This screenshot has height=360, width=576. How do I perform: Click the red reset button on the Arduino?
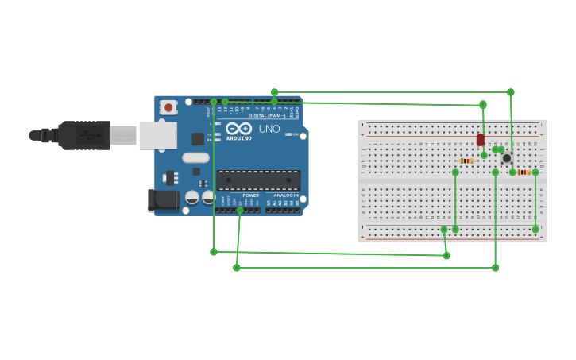pos(168,107)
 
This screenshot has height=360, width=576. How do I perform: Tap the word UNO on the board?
pos(269,129)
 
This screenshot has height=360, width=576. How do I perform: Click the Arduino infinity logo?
pos(238,128)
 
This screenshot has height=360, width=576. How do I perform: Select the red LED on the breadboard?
pos(480,139)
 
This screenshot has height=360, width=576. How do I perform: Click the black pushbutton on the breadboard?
pos(506,158)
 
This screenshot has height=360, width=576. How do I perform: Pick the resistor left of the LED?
pos(467,161)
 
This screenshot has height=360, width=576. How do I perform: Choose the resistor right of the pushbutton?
pos(524,172)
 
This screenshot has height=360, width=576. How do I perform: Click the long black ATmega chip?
pos(259,180)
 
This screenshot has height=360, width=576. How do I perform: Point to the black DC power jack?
pos(164,199)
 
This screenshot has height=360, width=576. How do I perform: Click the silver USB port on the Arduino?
pos(157,135)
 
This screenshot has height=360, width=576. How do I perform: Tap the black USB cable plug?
pos(84,135)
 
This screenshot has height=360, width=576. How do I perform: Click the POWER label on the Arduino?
pos(251,195)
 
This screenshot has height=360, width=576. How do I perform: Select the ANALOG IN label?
pos(285,195)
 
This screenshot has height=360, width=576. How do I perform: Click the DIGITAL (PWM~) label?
pos(269,116)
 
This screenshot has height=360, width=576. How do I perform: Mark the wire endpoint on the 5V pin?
pos(240,210)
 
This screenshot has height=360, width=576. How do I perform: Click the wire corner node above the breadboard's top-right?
pos(511,92)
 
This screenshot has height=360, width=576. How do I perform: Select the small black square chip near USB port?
pos(197,139)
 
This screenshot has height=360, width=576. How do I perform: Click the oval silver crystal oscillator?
pos(195,157)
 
